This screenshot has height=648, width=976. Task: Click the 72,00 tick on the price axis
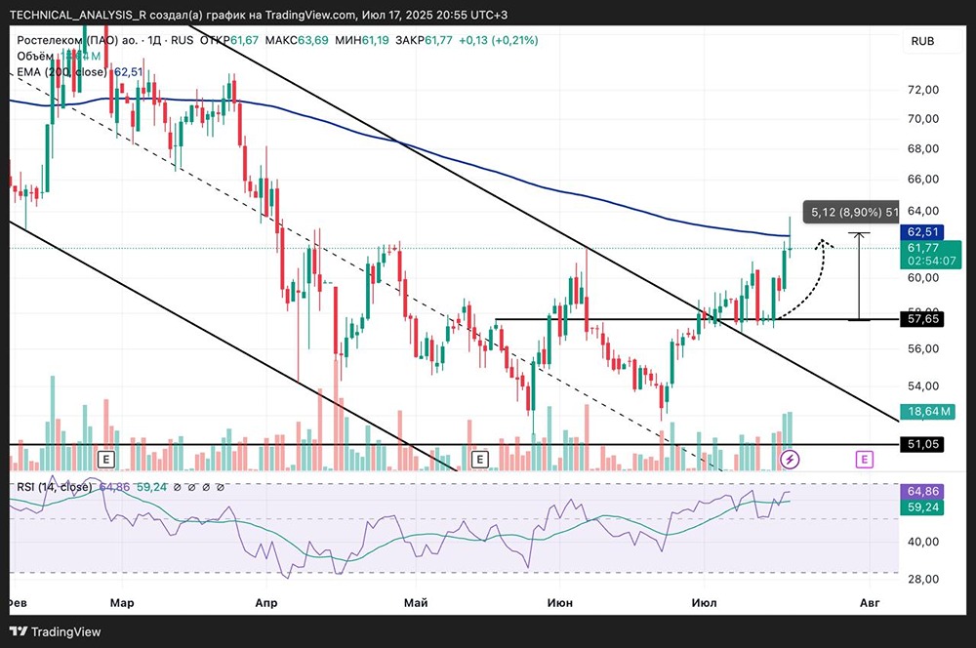[x=922, y=90]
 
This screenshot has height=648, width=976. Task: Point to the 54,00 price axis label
[x=922, y=385]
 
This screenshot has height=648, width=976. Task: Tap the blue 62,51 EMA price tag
[x=923, y=232]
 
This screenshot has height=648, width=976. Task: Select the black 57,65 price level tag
[x=923, y=319]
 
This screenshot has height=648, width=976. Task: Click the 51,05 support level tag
[x=923, y=444]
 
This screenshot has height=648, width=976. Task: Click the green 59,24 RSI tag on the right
[x=923, y=508]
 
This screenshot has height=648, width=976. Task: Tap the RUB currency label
[x=922, y=41]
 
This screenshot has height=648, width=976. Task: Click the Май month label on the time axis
[x=416, y=604]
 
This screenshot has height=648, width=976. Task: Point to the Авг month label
[x=868, y=604]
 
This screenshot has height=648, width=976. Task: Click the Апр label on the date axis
[x=265, y=604]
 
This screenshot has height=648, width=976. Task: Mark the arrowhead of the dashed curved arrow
[x=823, y=243]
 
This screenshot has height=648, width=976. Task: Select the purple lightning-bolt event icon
[x=792, y=458]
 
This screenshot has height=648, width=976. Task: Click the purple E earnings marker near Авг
[x=864, y=458]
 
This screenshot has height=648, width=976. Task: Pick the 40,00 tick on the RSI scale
[x=922, y=542]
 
